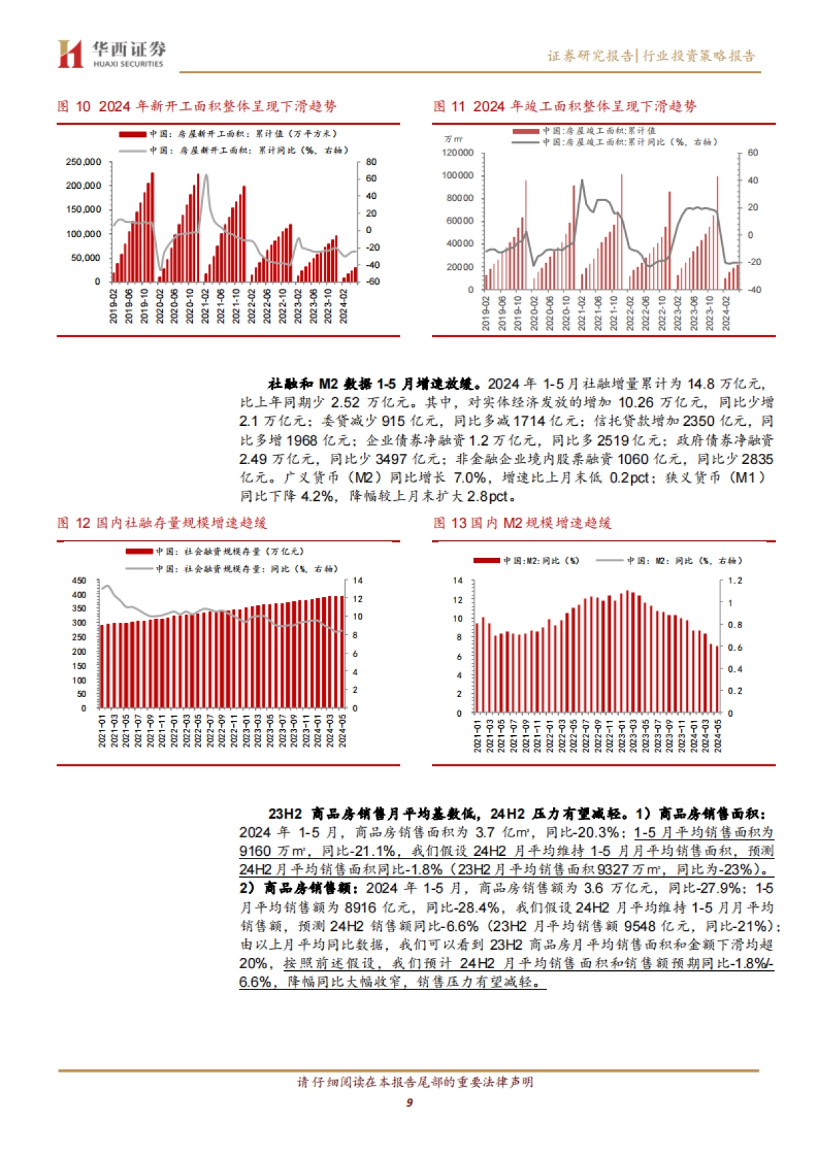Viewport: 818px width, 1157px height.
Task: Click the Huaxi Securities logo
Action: [x=111, y=53]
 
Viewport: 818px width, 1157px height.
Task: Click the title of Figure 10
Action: [x=196, y=106]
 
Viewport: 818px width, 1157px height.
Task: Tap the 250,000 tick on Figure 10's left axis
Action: [x=83, y=162]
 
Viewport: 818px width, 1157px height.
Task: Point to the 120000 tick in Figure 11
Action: [x=457, y=153]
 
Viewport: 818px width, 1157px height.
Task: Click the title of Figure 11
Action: [x=564, y=106]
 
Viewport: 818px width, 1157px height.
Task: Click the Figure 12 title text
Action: [x=162, y=523]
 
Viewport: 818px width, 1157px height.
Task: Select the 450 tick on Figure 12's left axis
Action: [x=79, y=581]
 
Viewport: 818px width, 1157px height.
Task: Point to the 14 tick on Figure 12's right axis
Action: [x=358, y=581]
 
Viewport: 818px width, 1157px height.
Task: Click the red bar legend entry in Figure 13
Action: [x=526, y=560]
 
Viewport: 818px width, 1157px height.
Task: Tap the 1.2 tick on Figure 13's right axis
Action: [x=735, y=581]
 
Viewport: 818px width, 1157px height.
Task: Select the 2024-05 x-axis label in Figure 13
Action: [x=718, y=736]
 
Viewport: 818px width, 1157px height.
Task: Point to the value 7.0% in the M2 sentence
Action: [x=470, y=478]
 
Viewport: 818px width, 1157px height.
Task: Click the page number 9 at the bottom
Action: [x=409, y=1102]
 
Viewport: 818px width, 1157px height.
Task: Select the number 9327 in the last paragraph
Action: [x=613, y=869]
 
